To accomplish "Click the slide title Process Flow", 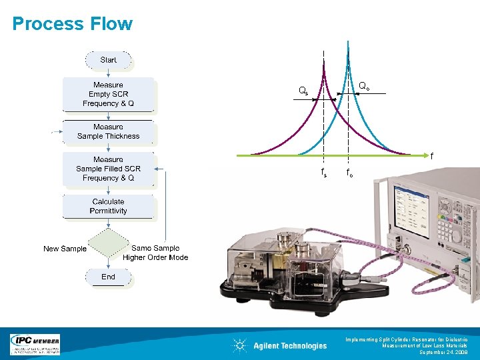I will (x=73, y=24).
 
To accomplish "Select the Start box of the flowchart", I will (x=108, y=60).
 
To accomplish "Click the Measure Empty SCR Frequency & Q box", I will (x=108, y=94).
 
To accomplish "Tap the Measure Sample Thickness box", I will (x=108, y=131).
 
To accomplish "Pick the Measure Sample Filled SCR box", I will (x=108, y=169).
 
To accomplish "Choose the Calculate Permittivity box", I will (x=108, y=206).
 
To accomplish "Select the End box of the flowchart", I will (x=108, y=277).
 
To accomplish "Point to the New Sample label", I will (x=65, y=249).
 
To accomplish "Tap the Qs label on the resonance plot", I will (x=303, y=91).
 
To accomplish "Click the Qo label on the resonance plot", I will (x=365, y=86).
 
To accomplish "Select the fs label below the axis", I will (x=324, y=173).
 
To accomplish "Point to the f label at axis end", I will (x=431, y=157).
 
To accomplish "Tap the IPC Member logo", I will (x=35, y=344).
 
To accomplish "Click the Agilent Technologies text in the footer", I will (x=290, y=345).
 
